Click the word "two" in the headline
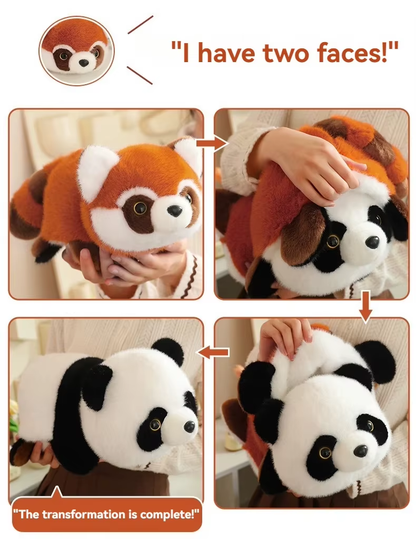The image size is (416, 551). pos(283,53)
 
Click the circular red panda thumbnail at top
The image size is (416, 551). pos(76,51)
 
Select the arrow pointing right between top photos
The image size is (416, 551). pos(212,144)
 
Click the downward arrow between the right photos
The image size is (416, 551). pos(365,310)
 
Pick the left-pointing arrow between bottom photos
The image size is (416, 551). pos(213,352)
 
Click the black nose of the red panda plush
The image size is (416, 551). pos(175,211)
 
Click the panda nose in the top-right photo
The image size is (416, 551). pos(372,242)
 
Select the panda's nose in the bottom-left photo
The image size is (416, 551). pos(189,426)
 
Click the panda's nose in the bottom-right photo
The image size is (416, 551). pos(361,450)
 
